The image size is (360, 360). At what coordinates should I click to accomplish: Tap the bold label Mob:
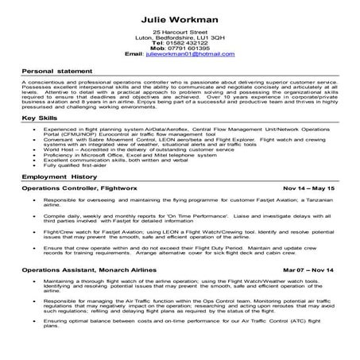(155, 48)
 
